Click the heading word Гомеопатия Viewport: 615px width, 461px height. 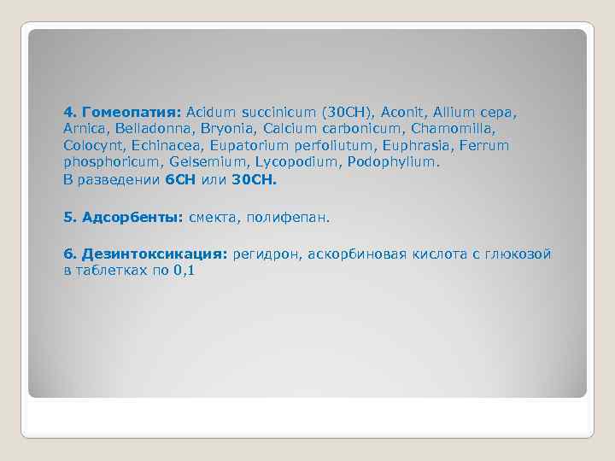tap(129, 112)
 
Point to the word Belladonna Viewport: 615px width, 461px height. tap(152, 129)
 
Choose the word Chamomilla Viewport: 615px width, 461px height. tap(452, 129)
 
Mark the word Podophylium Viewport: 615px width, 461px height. tap(397, 162)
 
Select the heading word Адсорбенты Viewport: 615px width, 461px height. tap(132, 218)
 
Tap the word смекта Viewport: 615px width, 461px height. tap(213, 218)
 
